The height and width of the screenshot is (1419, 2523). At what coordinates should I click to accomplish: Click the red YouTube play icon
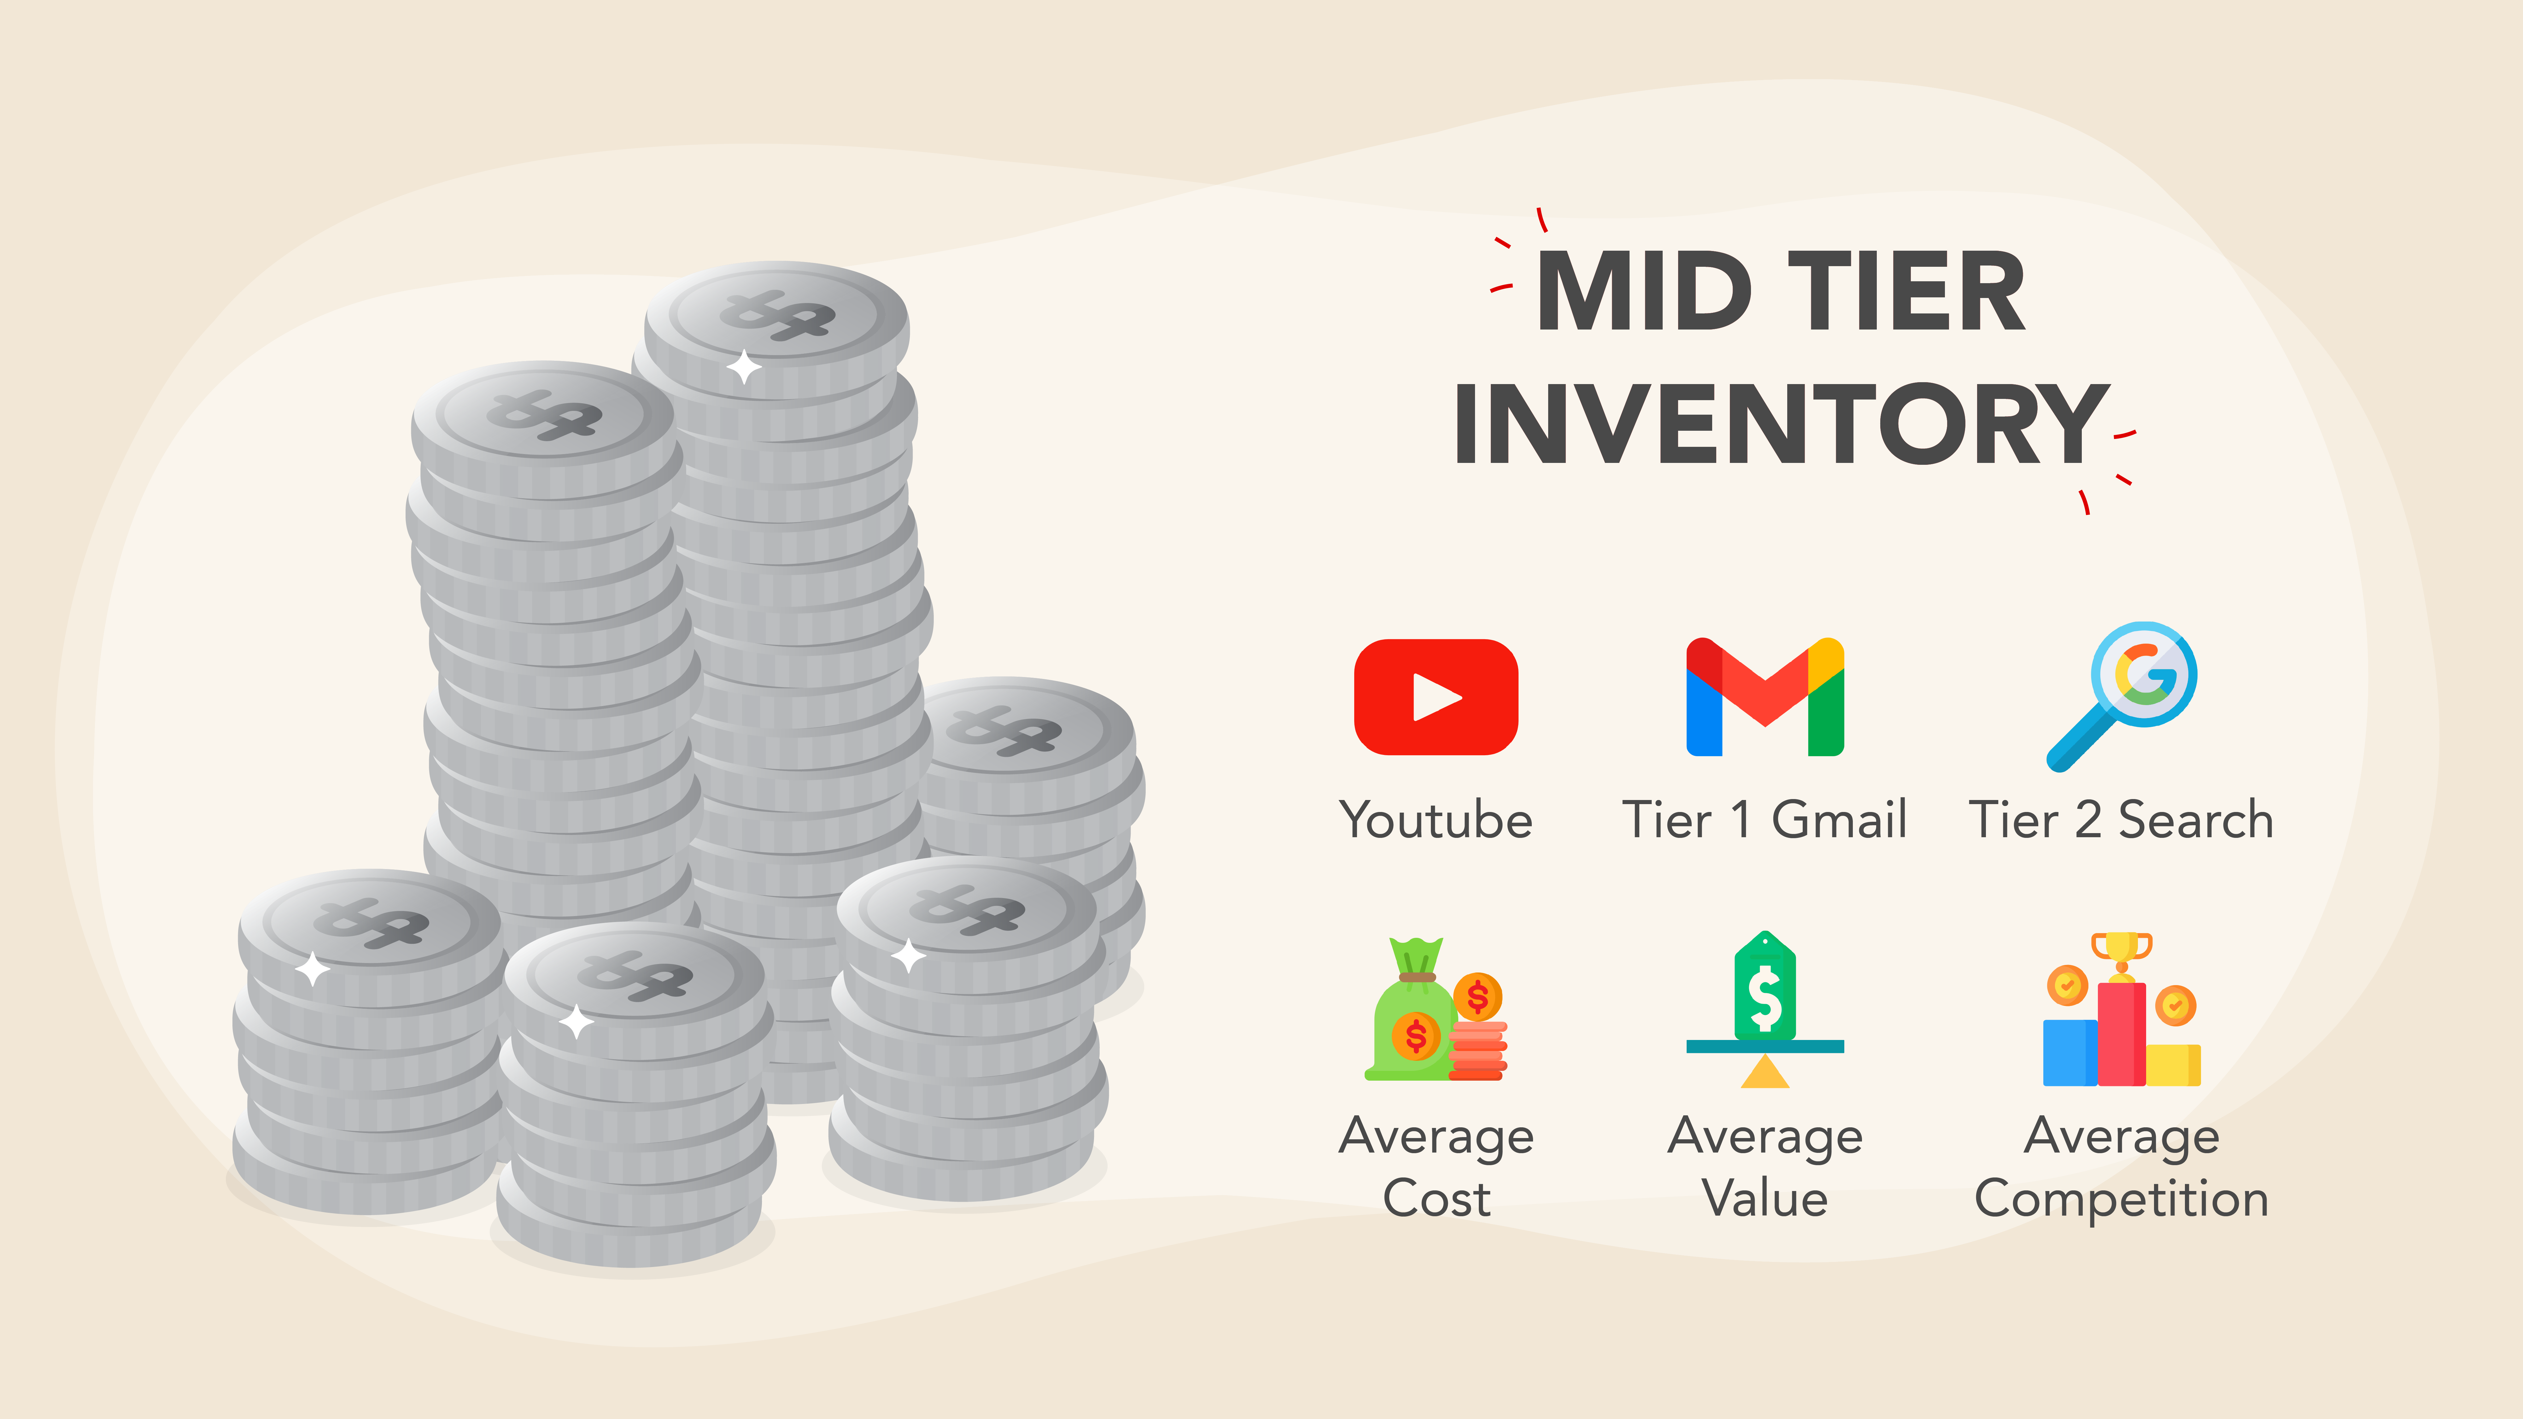click(x=1436, y=697)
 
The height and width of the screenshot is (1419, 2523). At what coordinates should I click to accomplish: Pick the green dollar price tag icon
click(x=1765, y=985)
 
